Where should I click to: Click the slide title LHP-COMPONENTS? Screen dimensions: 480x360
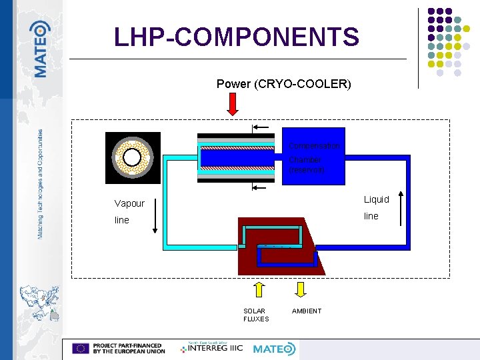coord(237,37)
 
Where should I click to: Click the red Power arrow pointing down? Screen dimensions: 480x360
coord(233,104)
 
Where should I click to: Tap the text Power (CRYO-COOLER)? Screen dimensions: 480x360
coord(283,84)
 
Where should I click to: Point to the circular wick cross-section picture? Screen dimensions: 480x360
coord(133,157)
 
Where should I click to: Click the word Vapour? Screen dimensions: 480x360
coord(129,203)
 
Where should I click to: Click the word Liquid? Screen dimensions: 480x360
coord(376,199)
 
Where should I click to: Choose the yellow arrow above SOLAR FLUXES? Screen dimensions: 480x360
coord(259,289)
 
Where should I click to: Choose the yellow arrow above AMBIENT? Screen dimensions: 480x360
coord(301,289)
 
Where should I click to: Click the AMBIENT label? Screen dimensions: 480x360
coord(306,311)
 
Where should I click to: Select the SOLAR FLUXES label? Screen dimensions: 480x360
coord(256,315)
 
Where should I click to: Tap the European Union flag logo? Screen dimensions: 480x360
coord(81,348)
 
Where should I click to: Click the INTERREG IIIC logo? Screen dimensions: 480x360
coord(213,348)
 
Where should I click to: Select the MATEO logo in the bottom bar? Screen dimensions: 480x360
coord(274,349)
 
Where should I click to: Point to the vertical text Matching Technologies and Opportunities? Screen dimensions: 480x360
coord(41,184)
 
